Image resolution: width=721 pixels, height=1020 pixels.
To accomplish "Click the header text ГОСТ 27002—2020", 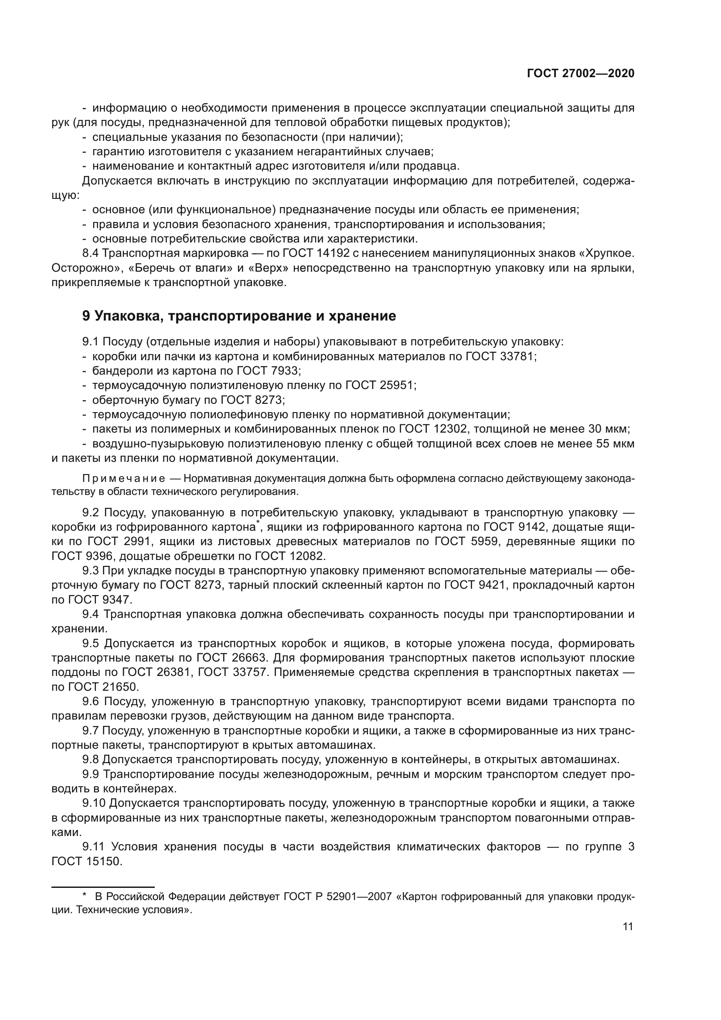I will point(580,74).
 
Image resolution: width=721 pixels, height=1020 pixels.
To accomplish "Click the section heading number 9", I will point(86,316).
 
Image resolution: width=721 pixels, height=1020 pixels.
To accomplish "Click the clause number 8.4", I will point(91,254).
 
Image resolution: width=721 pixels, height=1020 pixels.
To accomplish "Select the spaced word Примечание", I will point(124,478).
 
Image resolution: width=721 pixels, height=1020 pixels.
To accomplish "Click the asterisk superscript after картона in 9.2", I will point(257,525).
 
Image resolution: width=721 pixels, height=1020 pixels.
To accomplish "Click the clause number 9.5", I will point(91,644).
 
